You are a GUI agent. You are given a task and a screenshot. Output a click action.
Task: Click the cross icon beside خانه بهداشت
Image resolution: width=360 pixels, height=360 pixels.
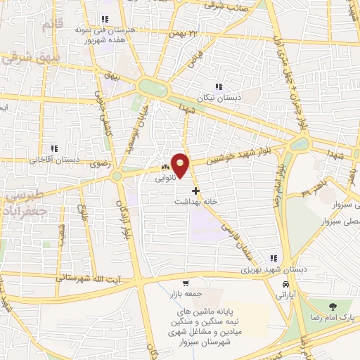click(x=195, y=190)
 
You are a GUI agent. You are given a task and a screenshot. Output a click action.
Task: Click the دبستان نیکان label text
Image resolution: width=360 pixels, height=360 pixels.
click(x=222, y=98)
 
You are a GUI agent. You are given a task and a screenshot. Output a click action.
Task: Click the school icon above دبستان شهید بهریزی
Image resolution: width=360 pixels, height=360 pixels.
click(x=273, y=258)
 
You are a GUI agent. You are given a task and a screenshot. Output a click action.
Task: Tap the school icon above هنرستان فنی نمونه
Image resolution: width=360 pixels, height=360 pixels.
click(x=104, y=20)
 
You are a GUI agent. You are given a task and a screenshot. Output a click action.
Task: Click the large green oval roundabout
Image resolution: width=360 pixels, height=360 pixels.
click(x=153, y=88)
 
